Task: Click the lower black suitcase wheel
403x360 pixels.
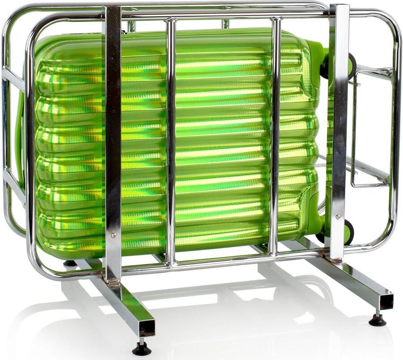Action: pos(348,232)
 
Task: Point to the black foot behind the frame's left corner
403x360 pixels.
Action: pos(70,263)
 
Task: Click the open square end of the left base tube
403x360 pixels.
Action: pos(146,327)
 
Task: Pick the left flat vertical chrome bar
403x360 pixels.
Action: pos(112,134)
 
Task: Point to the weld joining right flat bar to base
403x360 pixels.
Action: pos(334,259)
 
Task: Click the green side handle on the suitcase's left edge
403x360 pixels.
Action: pos(20,134)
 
